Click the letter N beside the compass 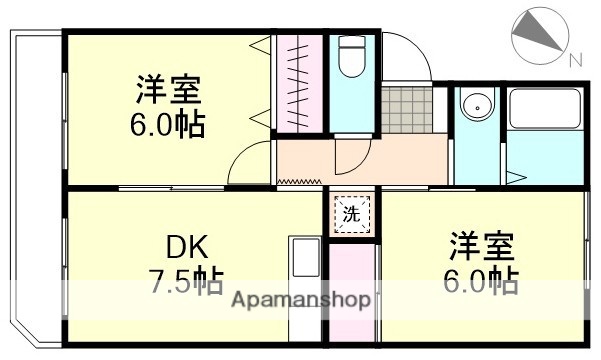576,59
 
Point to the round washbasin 476,105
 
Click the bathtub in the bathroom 544,111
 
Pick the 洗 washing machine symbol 350,212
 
